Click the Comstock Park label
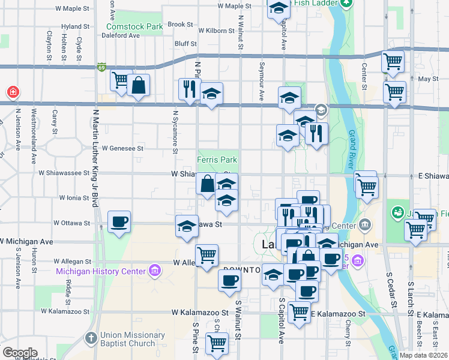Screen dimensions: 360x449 pyautogui.click(x=134, y=26)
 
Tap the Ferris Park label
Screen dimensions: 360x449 pyautogui.click(x=217, y=160)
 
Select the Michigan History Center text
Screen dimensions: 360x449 pyautogui.click(x=100, y=271)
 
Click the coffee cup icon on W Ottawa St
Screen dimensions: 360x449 pyautogui.click(x=118, y=221)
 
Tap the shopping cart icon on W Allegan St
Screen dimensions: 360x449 pyautogui.click(x=206, y=254)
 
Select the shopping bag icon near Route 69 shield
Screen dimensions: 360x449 pyautogui.click(x=139, y=86)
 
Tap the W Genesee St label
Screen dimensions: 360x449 pyautogui.click(x=123, y=148)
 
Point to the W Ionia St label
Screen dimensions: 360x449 pyautogui.click(x=74, y=197)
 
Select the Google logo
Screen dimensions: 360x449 pyautogui.click(x=20, y=353)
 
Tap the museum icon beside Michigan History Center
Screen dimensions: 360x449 pyautogui.click(x=155, y=271)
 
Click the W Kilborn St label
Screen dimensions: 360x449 pyautogui.click(x=215, y=30)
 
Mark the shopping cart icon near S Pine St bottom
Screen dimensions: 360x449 pyautogui.click(x=217, y=343)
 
